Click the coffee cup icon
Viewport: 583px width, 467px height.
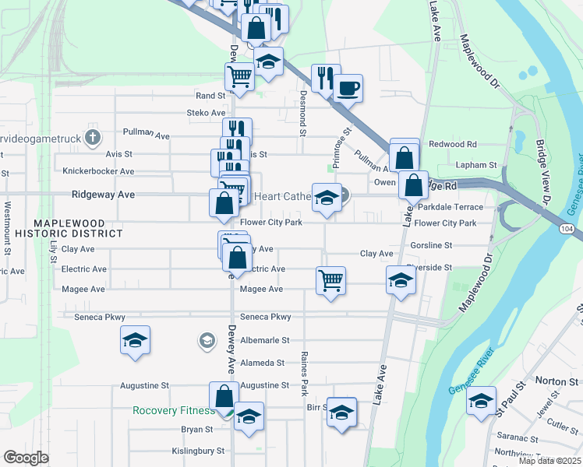point(348,87)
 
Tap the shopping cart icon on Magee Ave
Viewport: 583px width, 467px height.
point(330,279)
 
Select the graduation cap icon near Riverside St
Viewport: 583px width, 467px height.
point(400,280)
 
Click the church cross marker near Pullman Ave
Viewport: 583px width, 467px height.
point(94,139)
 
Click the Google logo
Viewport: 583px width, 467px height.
point(26,458)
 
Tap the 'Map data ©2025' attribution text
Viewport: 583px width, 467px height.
point(549,461)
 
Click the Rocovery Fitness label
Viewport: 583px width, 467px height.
point(173,411)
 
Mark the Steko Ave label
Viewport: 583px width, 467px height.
point(207,113)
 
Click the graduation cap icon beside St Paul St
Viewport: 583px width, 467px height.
point(481,401)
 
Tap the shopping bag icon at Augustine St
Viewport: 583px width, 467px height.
point(224,395)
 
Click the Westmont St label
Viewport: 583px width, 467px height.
point(8,228)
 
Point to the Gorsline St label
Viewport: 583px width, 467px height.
point(431,245)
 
